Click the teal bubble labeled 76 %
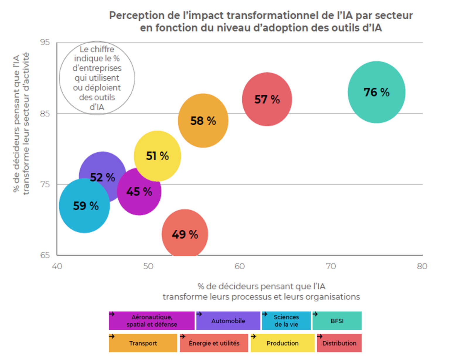pyautogui.click(x=376, y=92)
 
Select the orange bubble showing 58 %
pyautogui.click(x=203, y=121)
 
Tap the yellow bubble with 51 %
pyautogui.click(x=157, y=156)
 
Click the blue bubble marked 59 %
pyautogui.click(x=85, y=206)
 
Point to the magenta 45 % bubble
pyautogui.click(x=139, y=192)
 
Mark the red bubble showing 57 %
pyautogui.click(x=267, y=99)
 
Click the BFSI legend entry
pyautogui.click(x=337, y=321)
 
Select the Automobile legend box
pyautogui.click(x=228, y=321)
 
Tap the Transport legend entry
pyautogui.click(x=143, y=343)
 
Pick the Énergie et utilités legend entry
pyautogui.click(x=214, y=343)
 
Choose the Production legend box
pyautogui.click(x=282, y=343)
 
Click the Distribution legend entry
pyautogui.click(x=339, y=343)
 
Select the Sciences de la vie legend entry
pyautogui.click(x=286, y=321)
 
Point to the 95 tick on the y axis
pyautogui.click(x=45, y=42)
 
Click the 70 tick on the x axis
pyautogui.click(x=331, y=266)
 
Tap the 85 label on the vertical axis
pyautogui.click(x=45, y=114)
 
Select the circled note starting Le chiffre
pyautogui.click(x=97, y=78)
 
